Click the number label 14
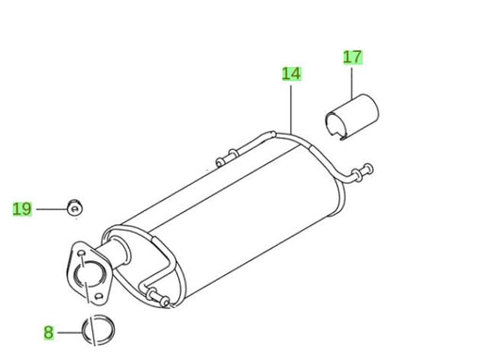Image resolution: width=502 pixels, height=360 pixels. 292,72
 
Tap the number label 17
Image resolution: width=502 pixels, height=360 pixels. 352,57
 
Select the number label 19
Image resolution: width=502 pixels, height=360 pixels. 22,208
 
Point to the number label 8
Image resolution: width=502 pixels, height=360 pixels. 48,332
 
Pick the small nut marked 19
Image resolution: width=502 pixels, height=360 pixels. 73,206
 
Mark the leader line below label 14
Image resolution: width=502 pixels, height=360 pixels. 292,104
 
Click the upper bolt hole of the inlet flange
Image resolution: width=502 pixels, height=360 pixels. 78,252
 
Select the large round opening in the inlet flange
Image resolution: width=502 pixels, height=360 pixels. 88,276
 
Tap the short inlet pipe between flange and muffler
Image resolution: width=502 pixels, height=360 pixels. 119,254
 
